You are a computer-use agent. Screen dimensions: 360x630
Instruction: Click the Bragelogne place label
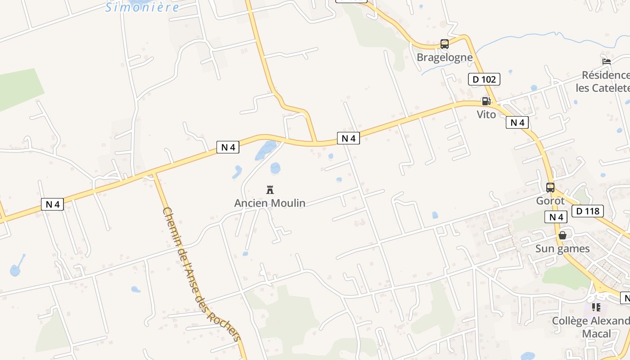445,58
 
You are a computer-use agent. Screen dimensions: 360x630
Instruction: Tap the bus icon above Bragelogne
445,44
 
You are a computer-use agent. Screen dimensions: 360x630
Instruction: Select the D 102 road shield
484,80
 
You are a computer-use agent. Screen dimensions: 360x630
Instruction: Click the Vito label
486,115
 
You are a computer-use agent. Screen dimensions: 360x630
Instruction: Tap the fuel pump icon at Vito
486,101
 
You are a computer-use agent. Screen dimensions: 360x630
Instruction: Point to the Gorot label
550,201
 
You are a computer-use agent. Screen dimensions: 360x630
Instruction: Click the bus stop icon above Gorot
550,188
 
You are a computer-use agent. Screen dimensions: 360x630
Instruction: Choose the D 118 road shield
588,211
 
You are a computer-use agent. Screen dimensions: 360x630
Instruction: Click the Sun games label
562,249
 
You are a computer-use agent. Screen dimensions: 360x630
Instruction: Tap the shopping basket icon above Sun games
562,235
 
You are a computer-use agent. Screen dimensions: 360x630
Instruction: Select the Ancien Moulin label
270,203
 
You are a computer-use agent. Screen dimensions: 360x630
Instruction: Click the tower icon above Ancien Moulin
270,189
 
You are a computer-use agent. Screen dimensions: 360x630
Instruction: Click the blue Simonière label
142,7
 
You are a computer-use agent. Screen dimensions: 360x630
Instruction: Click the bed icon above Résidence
607,62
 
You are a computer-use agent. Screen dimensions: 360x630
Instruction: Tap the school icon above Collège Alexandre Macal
596,307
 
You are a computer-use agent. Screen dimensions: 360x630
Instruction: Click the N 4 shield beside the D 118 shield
556,217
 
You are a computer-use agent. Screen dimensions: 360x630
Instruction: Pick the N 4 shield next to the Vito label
517,122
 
